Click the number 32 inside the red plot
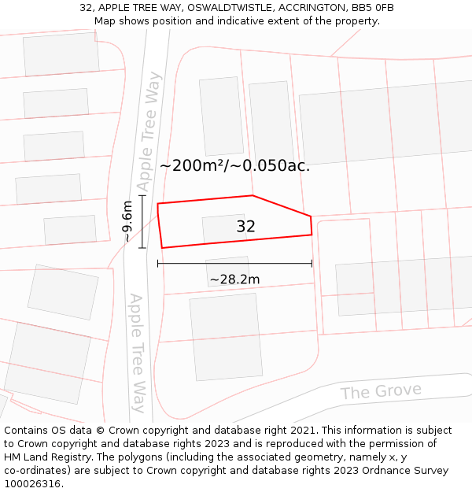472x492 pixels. click(x=245, y=227)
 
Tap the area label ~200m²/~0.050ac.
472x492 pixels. click(x=234, y=166)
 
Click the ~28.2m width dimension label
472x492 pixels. click(x=234, y=279)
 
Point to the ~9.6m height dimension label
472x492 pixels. click(x=127, y=222)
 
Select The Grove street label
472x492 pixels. click(x=381, y=392)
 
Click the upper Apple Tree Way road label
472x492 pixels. click(x=149, y=131)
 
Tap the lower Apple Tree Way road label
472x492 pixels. click(x=138, y=353)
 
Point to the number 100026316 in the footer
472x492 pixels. click(x=31, y=484)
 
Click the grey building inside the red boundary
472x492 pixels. click(x=224, y=228)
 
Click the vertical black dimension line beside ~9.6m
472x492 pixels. click(x=142, y=222)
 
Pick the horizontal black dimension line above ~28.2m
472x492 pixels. click(x=234, y=263)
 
